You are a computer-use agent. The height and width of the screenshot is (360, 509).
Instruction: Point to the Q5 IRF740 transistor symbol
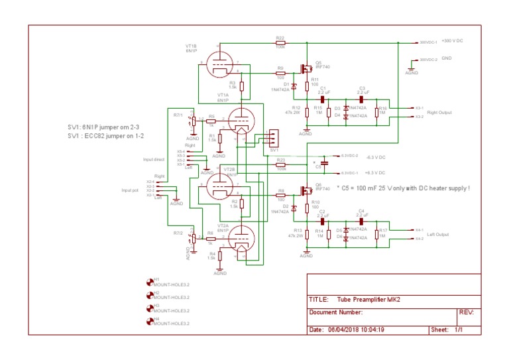point(306,68)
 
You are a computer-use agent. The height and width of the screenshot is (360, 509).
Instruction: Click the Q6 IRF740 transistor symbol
point(306,190)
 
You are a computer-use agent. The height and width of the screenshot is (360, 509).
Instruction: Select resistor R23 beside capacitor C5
point(280,164)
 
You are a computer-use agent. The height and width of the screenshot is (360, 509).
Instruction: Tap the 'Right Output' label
point(439,112)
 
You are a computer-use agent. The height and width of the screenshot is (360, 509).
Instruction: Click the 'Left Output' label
point(437,234)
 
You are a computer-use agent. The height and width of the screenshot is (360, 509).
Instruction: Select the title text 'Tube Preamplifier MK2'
point(368,299)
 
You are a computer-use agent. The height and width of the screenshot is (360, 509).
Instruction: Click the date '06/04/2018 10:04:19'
point(357,330)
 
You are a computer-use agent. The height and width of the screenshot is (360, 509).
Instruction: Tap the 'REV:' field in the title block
point(466,312)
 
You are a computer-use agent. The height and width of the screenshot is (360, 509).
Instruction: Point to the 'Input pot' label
point(131,190)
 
